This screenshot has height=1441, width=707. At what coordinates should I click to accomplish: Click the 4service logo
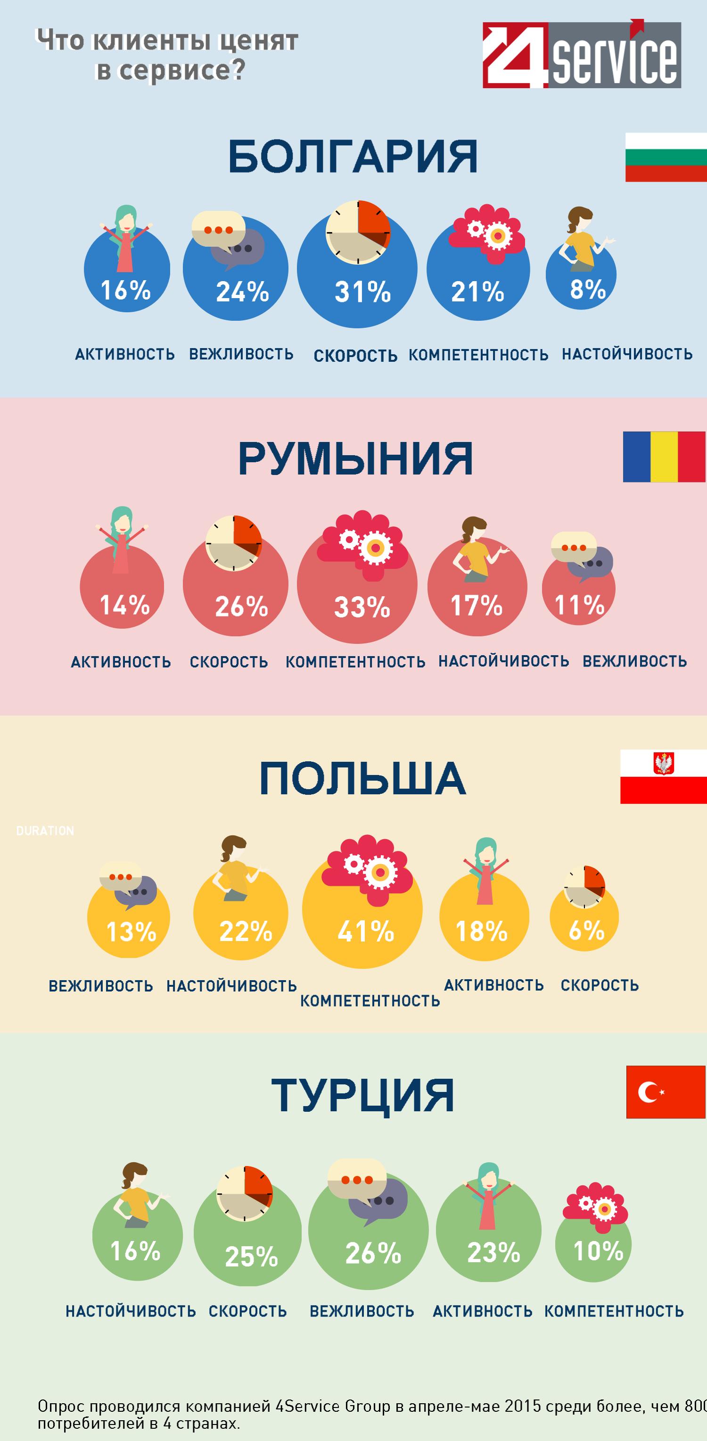click(581, 55)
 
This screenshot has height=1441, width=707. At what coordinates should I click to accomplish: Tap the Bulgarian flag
click(665, 157)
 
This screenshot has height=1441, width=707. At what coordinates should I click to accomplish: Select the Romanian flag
click(664, 457)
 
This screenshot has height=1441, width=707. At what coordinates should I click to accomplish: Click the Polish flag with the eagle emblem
click(664, 777)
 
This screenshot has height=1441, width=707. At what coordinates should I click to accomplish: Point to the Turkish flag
click(665, 1092)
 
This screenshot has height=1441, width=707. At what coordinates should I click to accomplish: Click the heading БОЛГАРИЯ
click(353, 157)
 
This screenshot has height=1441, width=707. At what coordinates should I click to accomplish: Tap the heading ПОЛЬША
click(362, 779)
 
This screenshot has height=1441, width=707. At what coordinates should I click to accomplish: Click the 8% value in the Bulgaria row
click(587, 290)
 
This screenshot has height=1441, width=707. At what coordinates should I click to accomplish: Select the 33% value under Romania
click(362, 608)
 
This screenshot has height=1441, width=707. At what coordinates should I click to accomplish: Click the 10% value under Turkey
click(598, 1251)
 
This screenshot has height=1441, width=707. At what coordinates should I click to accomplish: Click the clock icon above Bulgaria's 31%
click(358, 232)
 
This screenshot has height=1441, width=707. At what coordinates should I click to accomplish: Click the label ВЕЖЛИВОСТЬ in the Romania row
click(634, 661)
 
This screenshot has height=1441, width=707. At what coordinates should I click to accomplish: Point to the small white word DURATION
click(45, 831)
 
